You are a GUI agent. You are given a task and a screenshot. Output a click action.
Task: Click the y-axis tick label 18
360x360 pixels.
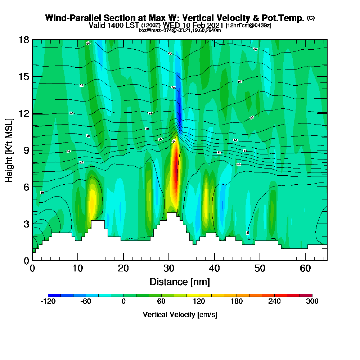tap(24, 40)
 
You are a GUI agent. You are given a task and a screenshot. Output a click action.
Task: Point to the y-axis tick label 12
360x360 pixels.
tap(24, 113)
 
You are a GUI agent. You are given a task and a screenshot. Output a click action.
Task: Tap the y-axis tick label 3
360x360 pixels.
tap(26, 224)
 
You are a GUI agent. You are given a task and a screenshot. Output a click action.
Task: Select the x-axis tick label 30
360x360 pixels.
tap(169, 269)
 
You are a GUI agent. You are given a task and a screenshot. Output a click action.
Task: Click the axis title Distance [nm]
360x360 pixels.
tap(180, 282)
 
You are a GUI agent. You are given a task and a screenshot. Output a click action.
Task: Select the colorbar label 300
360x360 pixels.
tap(312, 302)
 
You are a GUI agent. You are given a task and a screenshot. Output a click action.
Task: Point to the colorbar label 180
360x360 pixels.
tap(237, 302)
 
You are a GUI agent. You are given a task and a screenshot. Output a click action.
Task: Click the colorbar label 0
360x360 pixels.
tap(123, 302)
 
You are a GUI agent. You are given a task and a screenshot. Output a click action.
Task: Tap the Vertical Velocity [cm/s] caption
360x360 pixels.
tap(180, 315)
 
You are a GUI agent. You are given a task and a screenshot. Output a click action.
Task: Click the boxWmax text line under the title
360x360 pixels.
tap(180, 30)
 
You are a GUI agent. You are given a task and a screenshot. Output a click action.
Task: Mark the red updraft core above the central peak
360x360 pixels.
tap(175, 169)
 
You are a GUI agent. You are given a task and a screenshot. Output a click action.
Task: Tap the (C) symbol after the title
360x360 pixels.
tap(311, 18)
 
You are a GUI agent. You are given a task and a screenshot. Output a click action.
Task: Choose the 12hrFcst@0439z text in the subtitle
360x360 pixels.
tap(248, 26)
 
